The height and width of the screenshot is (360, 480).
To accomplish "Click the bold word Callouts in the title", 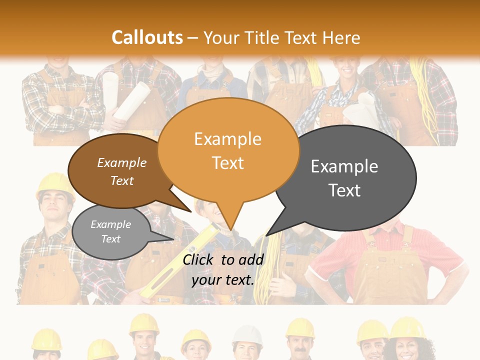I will click(147, 37).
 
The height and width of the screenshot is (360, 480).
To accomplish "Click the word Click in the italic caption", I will click(199, 259).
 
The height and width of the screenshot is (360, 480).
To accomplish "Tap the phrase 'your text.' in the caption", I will click(223, 280).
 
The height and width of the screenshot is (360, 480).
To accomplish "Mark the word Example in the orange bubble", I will click(227, 139).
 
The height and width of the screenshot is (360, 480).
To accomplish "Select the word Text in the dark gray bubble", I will click(344, 190).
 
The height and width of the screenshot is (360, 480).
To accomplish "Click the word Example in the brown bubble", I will click(121, 162).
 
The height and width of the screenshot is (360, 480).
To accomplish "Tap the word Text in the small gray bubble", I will click(110, 239).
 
